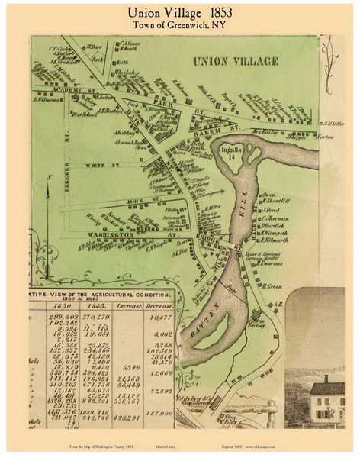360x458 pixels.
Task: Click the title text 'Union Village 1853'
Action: click(x=179, y=13)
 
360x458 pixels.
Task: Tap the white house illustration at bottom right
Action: click(x=326, y=397)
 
